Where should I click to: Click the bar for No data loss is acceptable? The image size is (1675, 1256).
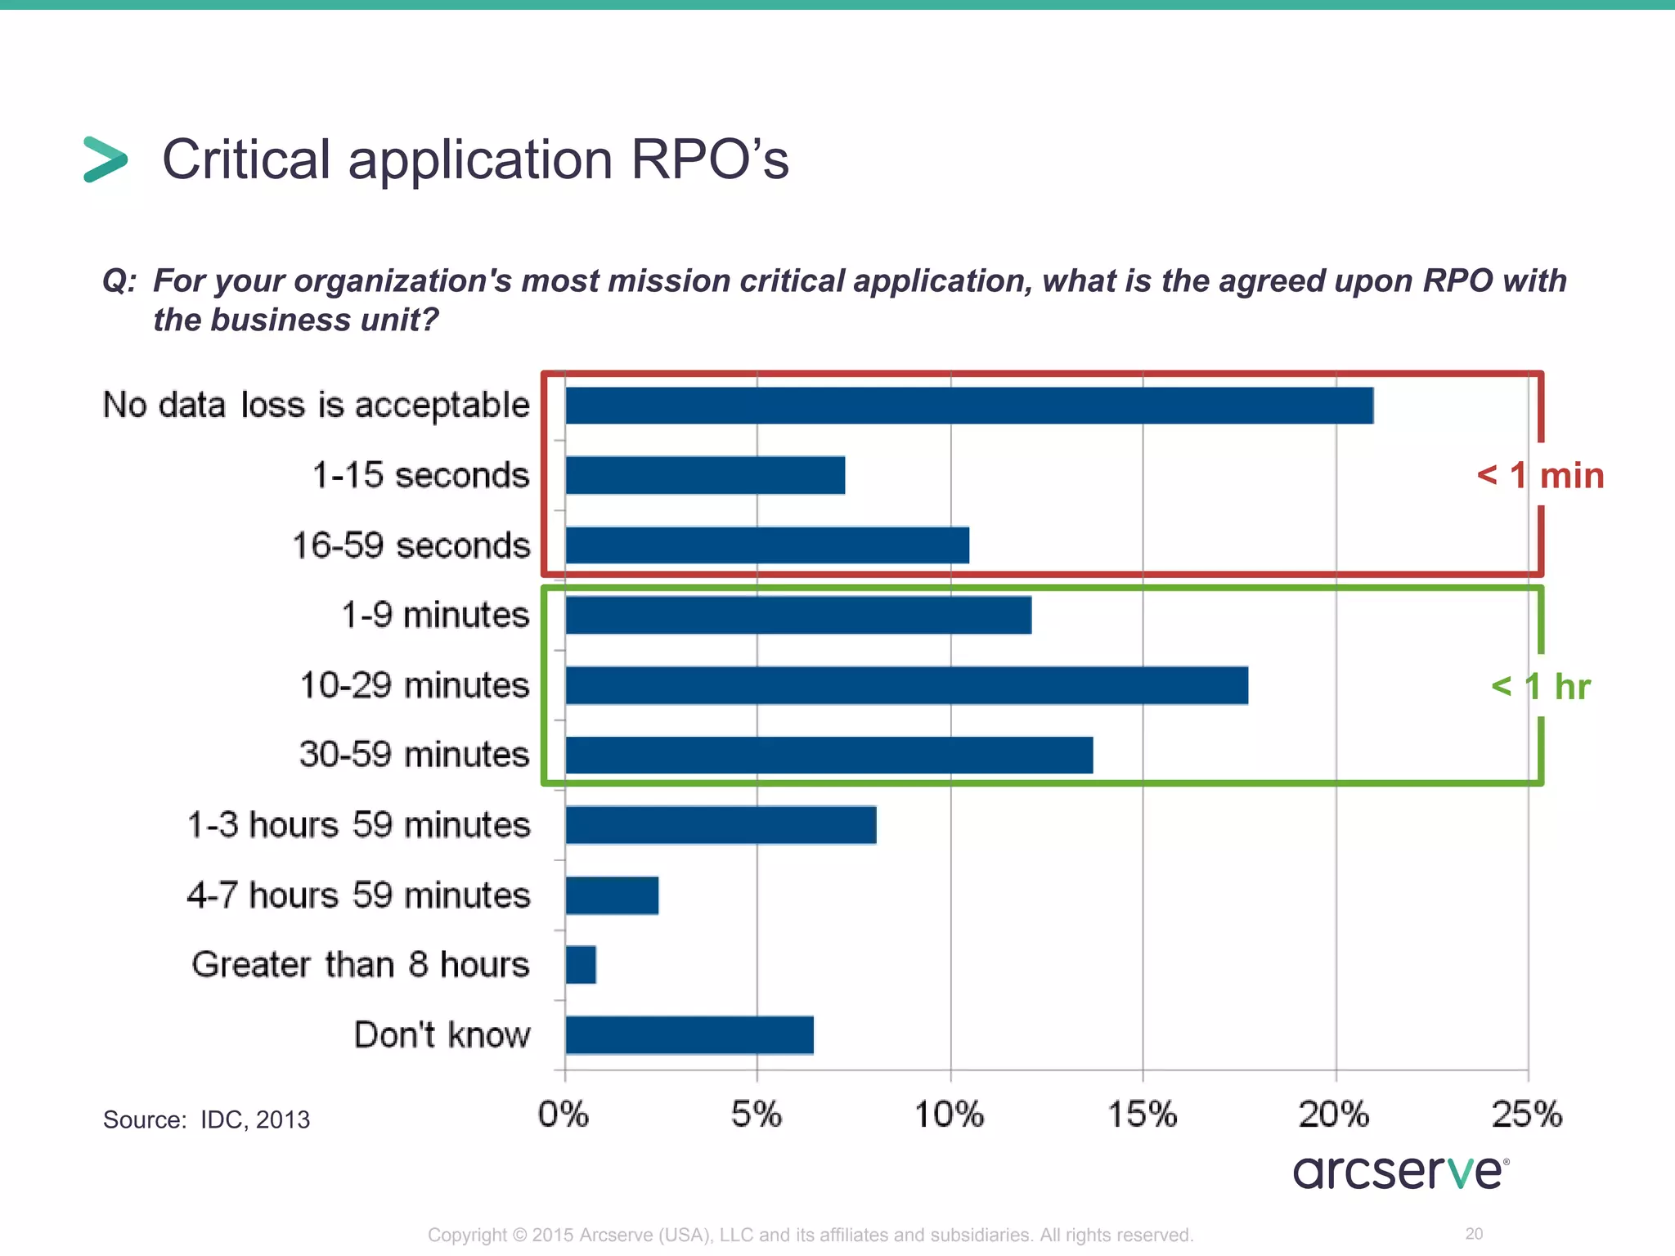click(969, 406)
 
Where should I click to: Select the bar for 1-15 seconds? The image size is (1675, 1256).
click(705, 475)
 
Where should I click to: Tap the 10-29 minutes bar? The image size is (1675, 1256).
click(906, 685)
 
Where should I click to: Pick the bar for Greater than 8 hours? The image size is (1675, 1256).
click(581, 965)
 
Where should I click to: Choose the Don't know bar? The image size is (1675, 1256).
click(689, 1035)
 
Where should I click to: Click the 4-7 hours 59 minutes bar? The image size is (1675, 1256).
click(612, 895)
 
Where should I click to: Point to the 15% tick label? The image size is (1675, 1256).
click(1142, 1115)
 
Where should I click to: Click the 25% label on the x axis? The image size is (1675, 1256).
click(1527, 1115)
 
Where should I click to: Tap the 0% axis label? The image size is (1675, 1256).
click(564, 1115)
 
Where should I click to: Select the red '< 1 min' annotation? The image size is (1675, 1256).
click(1540, 475)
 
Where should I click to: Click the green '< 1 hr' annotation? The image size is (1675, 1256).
click(1540, 686)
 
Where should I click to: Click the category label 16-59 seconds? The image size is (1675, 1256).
click(411, 545)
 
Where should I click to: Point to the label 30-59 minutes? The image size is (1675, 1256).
click(414, 754)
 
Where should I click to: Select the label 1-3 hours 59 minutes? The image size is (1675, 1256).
click(359, 824)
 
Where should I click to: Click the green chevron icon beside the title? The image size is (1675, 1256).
click(106, 159)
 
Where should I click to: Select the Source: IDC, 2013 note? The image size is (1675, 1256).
click(206, 1119)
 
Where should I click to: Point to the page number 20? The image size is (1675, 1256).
click(1474, 1233)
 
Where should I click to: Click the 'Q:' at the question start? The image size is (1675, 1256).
click(119, 281)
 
